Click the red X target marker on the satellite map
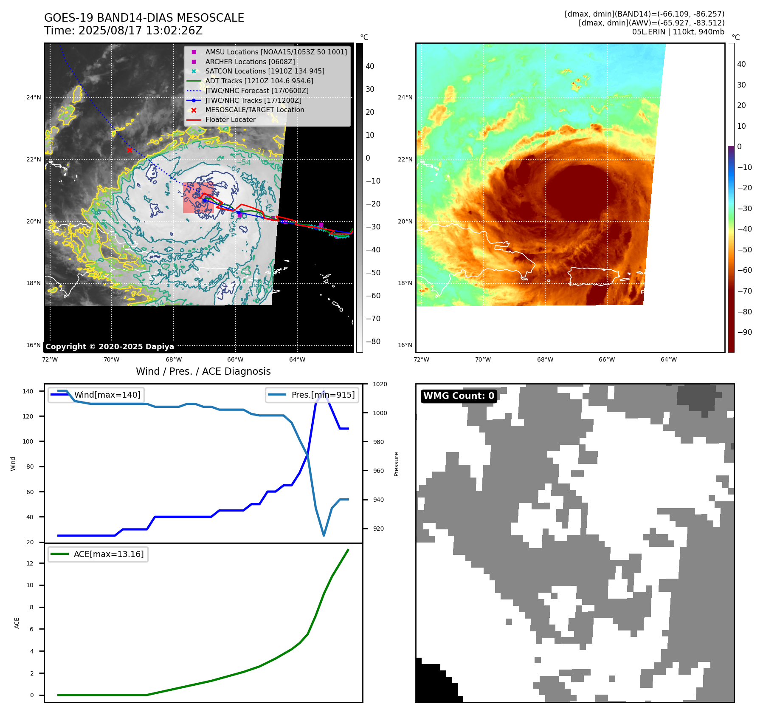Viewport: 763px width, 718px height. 130,150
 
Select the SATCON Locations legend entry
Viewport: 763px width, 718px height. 265,71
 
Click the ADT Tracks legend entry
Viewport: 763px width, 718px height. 259,81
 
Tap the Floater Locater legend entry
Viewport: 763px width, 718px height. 230,119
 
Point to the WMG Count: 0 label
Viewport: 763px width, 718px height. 459,396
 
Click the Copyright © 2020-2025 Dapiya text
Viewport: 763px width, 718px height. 110,347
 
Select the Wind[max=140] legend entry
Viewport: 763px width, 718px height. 107,395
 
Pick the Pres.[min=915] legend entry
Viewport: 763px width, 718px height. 323,395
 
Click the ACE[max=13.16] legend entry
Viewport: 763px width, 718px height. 109,554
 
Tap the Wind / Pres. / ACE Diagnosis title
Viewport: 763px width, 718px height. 203,371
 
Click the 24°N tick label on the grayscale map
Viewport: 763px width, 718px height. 34,98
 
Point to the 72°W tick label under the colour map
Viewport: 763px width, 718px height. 421,359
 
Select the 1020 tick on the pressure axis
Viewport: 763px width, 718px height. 380,384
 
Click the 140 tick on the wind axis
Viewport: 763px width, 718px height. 28,391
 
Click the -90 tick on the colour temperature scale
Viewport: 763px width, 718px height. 744,332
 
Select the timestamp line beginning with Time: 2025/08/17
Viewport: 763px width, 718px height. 123,31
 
